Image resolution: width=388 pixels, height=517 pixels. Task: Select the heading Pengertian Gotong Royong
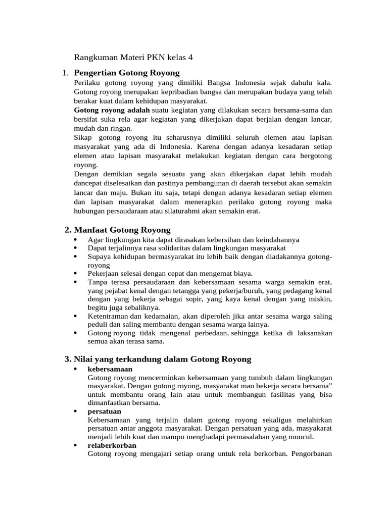coord(126,73)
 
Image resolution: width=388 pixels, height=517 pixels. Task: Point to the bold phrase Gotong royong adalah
coord(112,110)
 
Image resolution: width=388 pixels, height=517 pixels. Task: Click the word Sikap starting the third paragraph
coord(83,137)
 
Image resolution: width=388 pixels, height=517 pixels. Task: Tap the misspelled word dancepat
coord(89,184)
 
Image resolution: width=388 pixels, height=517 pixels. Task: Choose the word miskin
coord(319,299)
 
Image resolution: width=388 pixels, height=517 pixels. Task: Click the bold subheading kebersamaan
coord(110,369)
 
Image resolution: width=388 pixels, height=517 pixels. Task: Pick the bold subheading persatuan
coord(104,411)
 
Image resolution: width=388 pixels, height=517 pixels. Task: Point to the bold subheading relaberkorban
coord(112,445)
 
